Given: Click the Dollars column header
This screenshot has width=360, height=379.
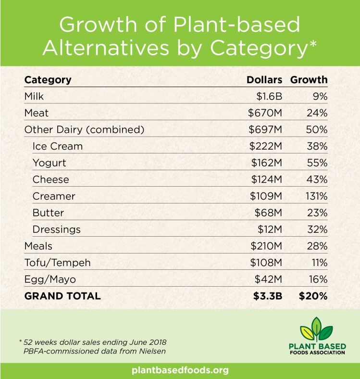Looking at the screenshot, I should coord(264,79).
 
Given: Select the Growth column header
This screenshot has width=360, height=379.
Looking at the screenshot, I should coord(310,79).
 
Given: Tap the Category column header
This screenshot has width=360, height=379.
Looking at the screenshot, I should coord(48,79).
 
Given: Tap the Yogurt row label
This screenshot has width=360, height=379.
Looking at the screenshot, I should coord(50,163).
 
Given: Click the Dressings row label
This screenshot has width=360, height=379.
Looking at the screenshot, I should coord(56,229).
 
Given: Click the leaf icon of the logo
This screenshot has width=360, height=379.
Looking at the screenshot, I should coord(316,329).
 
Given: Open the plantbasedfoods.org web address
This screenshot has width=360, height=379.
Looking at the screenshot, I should coord(180,371).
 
